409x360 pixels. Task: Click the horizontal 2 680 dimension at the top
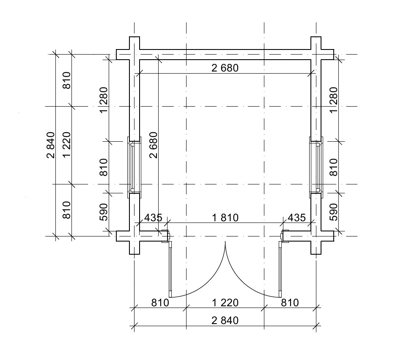[x=225, y=68]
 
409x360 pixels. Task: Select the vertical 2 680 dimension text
[x=154, y=145]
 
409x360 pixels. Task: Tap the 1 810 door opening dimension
[x=225, y=217]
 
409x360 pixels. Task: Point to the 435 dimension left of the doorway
[x=153, y=217]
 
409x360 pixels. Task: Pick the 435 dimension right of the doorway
[x=296, y=217]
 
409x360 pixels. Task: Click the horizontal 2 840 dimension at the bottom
[x=225, y=320]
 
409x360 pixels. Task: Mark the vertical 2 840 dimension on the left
[x=51, y=145]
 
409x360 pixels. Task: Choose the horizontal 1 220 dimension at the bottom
[x=225, y=303]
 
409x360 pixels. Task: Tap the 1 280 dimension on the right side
[x=334, y=100]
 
